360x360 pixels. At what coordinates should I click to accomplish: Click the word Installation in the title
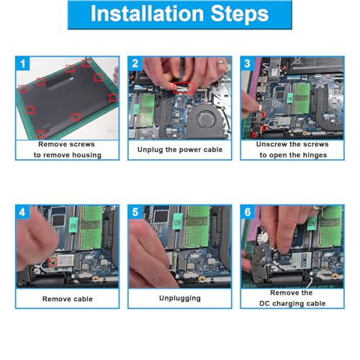(x=147, y=14)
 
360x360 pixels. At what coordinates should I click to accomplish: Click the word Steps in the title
(x=240, y=14)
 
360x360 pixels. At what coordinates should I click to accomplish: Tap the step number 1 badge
(x=22, y=63)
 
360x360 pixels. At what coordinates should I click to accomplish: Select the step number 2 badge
(x=135, y=63)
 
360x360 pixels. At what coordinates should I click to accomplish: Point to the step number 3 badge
(x=248, y=63)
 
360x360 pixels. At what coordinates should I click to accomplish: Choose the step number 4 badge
(x=22, y=212)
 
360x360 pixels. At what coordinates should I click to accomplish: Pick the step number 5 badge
(x=135, y=212)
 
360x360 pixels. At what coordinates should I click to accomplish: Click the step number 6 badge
(x=248, y=212)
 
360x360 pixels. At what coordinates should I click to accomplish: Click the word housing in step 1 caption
(x=87, y=156)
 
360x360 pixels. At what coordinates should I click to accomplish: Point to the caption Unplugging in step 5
(x=180, y=298)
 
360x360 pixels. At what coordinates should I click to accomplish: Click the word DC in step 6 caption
(x=265, y=304)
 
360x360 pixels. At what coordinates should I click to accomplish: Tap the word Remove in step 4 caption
(x=53, y=299)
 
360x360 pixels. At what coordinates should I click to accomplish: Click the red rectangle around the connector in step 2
(x=184, y=88)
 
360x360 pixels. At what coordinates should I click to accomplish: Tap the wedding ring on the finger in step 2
(x=220, y=63)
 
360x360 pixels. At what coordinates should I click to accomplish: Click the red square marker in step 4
(x=53, y=262)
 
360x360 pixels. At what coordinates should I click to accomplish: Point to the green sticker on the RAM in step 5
(x=177, y=222)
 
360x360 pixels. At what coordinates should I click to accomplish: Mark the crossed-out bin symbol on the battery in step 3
(x=297, y=61)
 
